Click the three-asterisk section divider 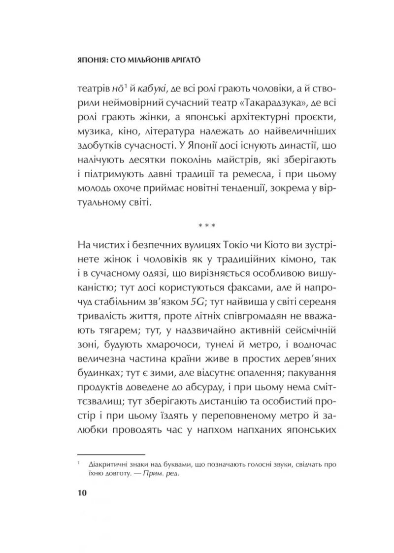point(206,227)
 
